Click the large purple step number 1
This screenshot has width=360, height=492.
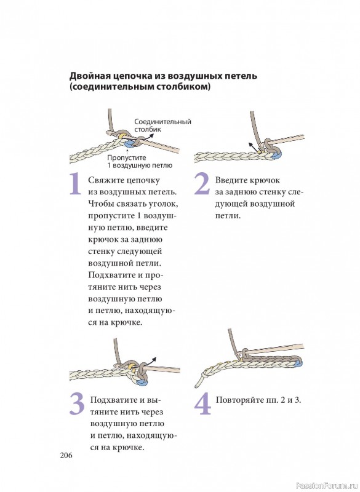[x=76, y=184]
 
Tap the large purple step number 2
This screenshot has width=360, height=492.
[x=202, y=184]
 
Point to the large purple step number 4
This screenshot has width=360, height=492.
[x=203, y=404]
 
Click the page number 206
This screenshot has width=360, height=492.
[x=66, y=455]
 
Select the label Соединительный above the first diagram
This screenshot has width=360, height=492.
[x=162, y=122]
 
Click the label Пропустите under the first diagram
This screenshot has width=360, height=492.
[x=127, y=158]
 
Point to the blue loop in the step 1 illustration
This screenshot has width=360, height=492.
[x=129, y=145]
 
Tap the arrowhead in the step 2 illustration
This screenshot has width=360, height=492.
[x=251, y=145]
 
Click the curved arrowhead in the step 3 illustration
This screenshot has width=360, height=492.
[x=154, y=359]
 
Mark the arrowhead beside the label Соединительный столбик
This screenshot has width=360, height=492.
[x=151, y=135]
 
